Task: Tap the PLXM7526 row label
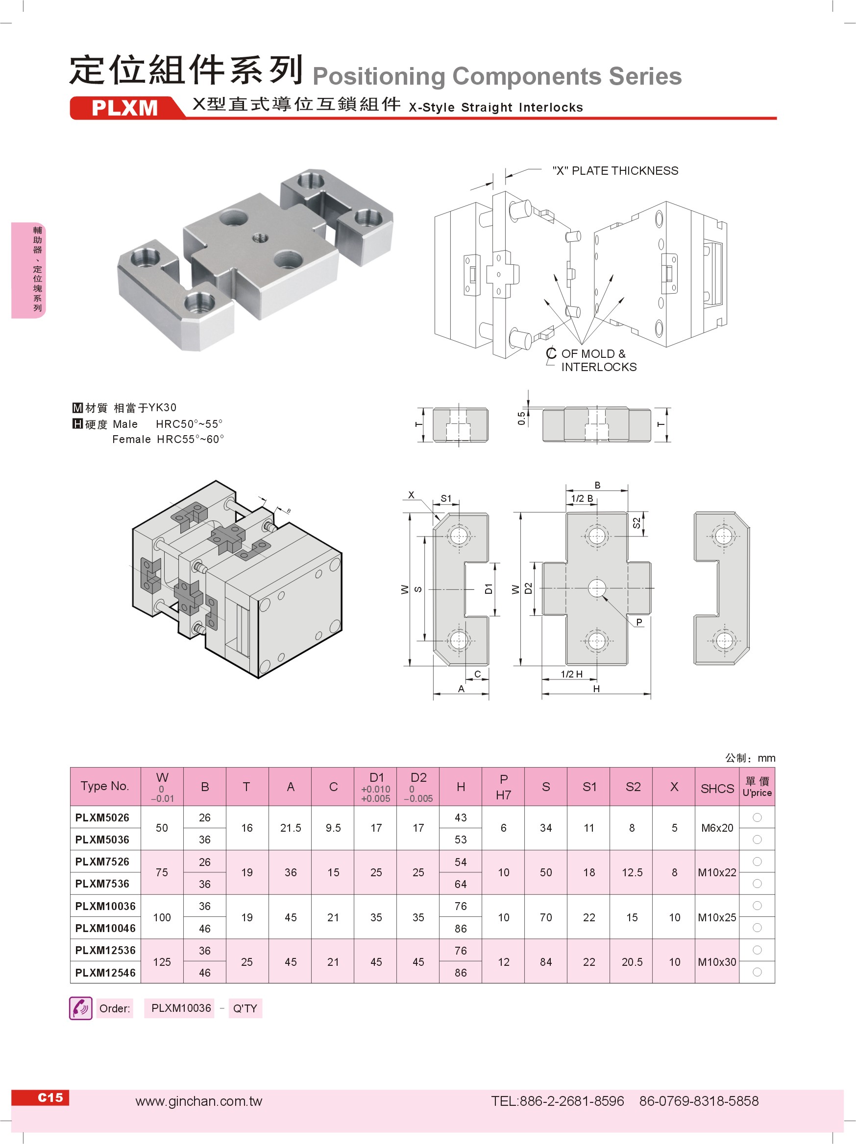102,862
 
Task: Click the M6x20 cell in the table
717,828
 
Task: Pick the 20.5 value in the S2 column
632,962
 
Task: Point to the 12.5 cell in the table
632,872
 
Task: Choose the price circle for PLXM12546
757,972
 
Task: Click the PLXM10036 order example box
181,1008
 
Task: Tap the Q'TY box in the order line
245,1008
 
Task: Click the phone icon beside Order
81,1008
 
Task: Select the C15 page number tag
49,1097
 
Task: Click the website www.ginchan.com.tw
199,1101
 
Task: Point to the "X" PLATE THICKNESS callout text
615,171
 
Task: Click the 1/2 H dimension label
571,674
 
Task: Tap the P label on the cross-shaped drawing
639,622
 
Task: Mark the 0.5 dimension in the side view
521,419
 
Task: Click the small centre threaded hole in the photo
260,237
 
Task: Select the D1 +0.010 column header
376,787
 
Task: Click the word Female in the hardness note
131,439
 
